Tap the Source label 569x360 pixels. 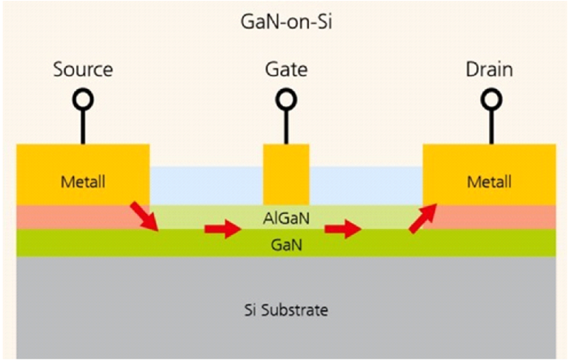tap(83, 70)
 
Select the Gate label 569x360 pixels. tap(286, 70)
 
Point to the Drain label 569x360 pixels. tap(489, 70)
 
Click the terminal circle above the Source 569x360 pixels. tap(83, 99)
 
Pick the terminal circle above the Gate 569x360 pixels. tap(286, 99)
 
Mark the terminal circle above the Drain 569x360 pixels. tap(489, 99)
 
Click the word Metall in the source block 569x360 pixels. tap(83, 181)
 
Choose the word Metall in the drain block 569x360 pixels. tap(489, 181)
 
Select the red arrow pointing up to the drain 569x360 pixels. tap(424, 219)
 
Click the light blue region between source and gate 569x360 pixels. tap(206, 185)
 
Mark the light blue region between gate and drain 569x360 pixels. tap(365, 185)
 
